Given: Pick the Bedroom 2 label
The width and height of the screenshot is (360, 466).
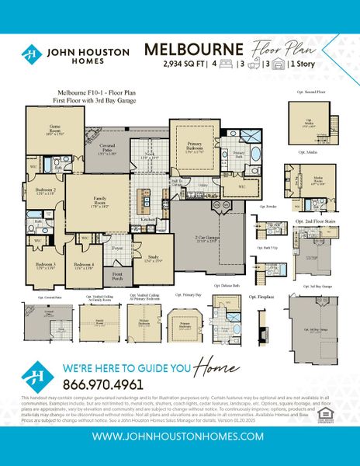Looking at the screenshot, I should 44,191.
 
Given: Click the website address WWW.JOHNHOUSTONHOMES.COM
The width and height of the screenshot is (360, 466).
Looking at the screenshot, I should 180,438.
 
